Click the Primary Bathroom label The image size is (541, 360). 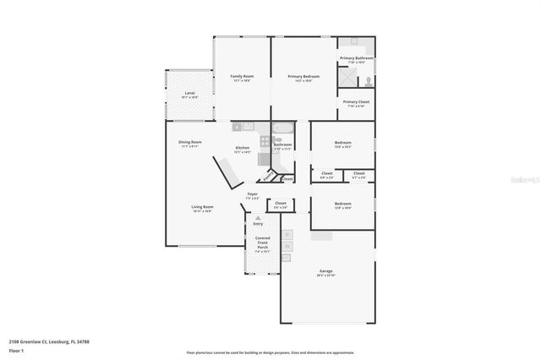tap(357, 57)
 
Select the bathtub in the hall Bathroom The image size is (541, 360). tap(282, 129)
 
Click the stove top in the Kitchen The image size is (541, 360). tap(265, 140)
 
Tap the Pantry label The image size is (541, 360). tap(268, 177)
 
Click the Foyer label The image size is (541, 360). tap(252, 194)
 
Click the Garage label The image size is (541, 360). tap(325, 270)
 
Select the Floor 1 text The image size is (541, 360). tap(17, 349)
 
